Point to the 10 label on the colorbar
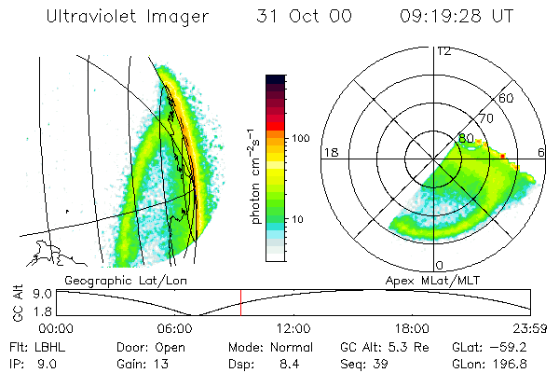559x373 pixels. pyautogui.click(x=299, y=220)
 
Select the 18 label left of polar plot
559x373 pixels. pyautogui.click(x=330, y=152)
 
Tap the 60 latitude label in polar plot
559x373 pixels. pyautogui.click(x=507, y=98)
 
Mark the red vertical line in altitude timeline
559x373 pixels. pyautogui.click(x=240, y=302)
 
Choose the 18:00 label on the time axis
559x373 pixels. pyautogui.click(x=413, y=327)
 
